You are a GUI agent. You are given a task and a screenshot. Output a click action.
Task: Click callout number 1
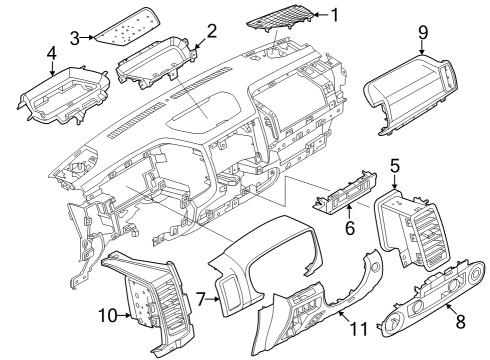(x=335, y=14)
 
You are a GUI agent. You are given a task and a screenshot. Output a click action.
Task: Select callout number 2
(x=211, y=30)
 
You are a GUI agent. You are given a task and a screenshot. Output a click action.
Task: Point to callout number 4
(x=51, y=52)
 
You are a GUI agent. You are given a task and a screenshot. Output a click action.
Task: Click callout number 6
(x=349, y=228)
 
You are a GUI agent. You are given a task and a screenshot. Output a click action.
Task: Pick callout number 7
(x=200, y=298)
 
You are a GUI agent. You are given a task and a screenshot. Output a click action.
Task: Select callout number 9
(x=422, y=33)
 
